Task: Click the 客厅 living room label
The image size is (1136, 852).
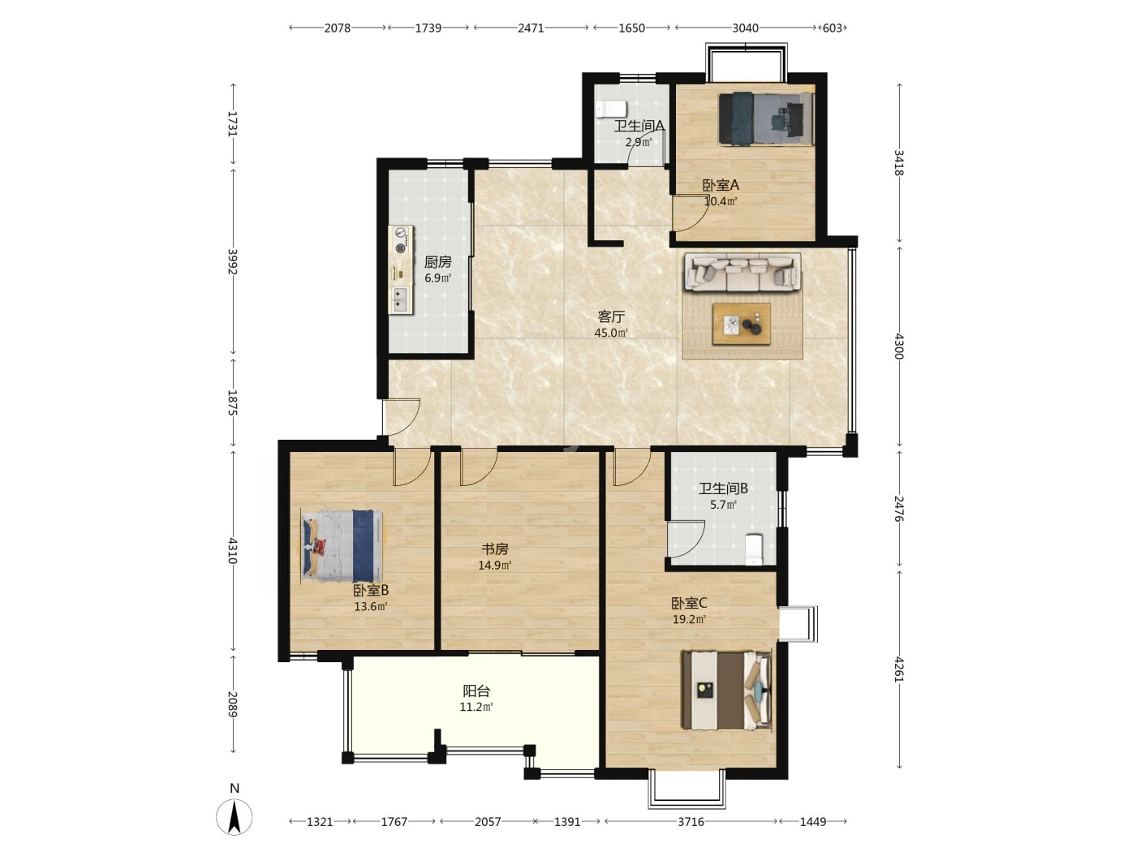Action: [x=611, y=316]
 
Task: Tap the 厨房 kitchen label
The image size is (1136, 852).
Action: [x=437, y=262]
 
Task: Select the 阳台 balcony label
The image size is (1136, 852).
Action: [x=476, y=691]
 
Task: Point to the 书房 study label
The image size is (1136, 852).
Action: [x=495, y=549]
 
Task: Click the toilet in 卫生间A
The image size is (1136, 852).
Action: [x=611, y=110]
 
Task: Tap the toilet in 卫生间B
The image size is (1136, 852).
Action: [x=754, y=549]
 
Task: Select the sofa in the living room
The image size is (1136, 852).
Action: [x=742, y=272]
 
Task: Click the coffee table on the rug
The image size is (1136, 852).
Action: [x=742, y=324]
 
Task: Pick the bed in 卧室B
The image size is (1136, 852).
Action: [x=342, y=546]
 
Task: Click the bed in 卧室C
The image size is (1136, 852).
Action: [x=726, y=691]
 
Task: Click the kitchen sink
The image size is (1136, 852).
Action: [x=399, y=299]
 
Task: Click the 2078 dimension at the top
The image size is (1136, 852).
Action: [x=338, y=28]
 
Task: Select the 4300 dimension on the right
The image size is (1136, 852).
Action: [x=899, y=346]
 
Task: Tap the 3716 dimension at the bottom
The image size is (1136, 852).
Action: [x=691, y=821]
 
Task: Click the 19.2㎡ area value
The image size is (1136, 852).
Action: [x=690, y=619]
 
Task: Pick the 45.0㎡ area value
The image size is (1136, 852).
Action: [x=611, y=333]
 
